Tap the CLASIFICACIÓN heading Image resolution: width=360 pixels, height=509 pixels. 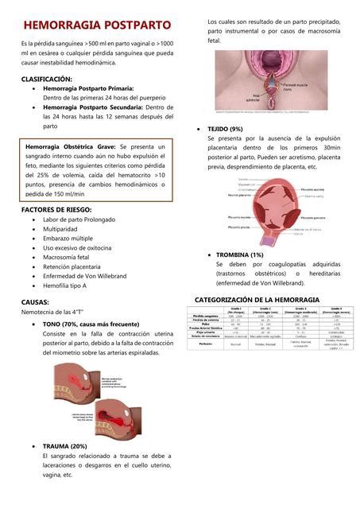(47, 80)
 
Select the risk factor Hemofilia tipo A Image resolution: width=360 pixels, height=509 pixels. (64, 284)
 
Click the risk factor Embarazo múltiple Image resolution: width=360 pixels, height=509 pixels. (68, 238)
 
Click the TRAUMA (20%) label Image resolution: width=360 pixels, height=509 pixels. (64, 446)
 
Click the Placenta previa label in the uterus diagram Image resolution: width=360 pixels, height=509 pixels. (239, 227)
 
